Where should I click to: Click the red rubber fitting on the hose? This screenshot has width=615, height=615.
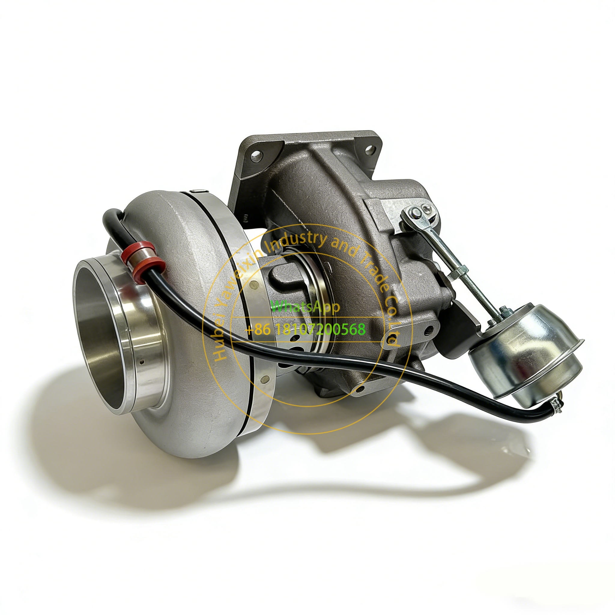pos(143,259)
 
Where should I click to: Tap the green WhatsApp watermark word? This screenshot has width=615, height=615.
pos(305,306)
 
